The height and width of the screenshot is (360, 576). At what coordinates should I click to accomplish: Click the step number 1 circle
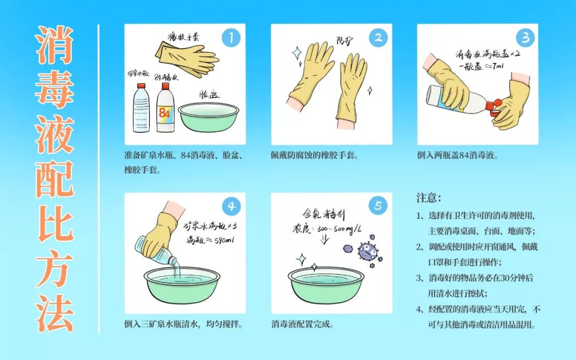[x=231, y=37]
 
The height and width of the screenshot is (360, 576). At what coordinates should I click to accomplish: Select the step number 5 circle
[x=378, y=206]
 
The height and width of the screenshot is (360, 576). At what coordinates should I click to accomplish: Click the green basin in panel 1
[x=205, y=117]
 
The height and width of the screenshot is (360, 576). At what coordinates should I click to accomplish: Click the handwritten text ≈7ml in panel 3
[x=490, y=66]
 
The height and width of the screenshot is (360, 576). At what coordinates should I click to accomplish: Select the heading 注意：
[x=429, y=198]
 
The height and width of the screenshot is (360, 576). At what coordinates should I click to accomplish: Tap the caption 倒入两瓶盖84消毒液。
[x=458, y=157]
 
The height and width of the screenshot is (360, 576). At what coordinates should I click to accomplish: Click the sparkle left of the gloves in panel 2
[x=297, y=52]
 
